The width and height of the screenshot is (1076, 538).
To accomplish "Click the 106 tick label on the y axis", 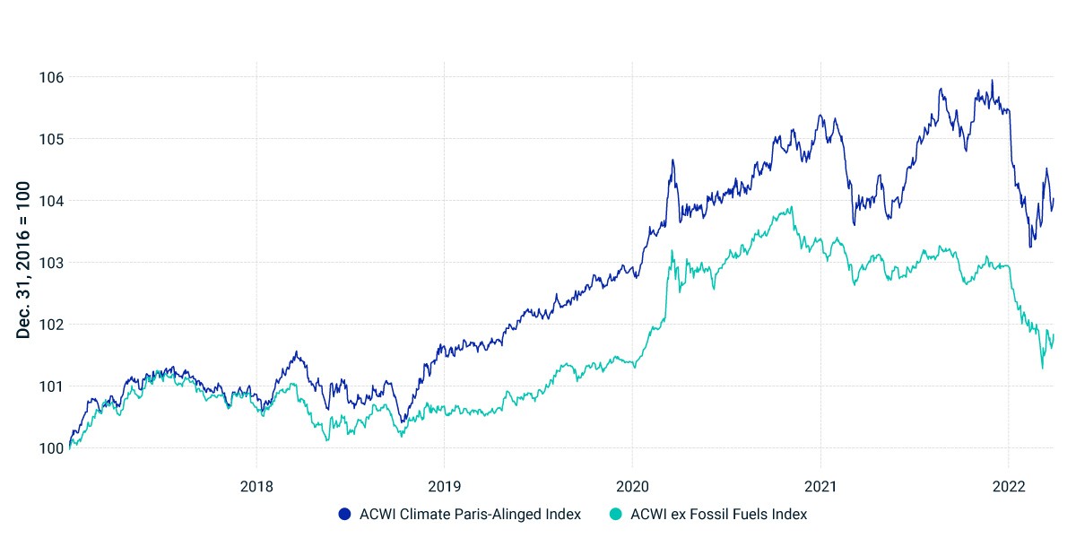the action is (x=51, y=77).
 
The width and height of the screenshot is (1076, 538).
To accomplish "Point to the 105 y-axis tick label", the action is (x=51, y=139).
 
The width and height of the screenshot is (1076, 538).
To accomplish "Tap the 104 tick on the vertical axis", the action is (x=51, y=201).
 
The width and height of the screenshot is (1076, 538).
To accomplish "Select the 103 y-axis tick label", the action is (x=51, y=263).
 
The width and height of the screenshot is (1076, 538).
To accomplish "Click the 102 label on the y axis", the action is (x=51, y=325).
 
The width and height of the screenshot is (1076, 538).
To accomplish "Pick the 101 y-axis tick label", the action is (x=51, y=386).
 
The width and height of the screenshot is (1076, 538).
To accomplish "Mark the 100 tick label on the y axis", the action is (x=51, y=448).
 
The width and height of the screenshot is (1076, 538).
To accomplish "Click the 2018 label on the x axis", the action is (x=256, y=487).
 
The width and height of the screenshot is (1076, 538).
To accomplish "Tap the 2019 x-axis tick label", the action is (x=445, y=487).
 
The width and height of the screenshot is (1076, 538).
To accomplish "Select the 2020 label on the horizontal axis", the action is (x=632, y=487).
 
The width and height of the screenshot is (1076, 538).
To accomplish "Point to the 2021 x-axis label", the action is (x=820, y=487).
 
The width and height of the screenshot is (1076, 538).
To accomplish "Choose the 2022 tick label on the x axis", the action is (x=1009, y=487).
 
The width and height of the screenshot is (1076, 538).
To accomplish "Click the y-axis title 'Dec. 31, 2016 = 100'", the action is (x=23, y=260).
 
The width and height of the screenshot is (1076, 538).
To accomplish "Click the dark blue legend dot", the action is (x=344, y=515).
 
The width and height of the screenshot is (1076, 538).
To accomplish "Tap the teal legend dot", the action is (x=615, y=515).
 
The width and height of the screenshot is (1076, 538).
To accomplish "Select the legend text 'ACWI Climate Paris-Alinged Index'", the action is (x=470, y=515).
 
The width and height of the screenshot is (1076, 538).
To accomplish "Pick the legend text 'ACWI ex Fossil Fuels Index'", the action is (x=718, y=515).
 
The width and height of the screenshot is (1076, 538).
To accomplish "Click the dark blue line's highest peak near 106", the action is (x=993, y=81).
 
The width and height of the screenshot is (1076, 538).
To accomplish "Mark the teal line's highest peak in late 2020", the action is (x=792, y=207).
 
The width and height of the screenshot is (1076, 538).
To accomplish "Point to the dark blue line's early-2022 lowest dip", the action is (x=1030, y=247).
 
